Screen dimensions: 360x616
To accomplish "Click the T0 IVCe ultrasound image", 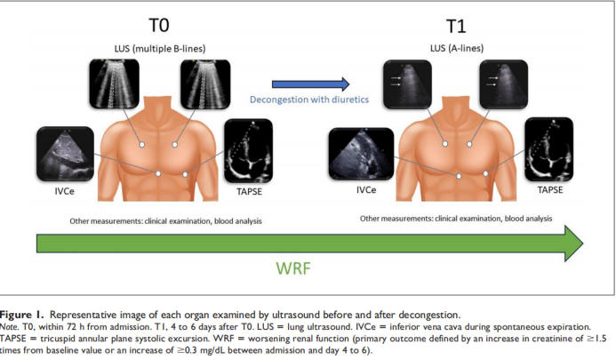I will pos(64,154).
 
